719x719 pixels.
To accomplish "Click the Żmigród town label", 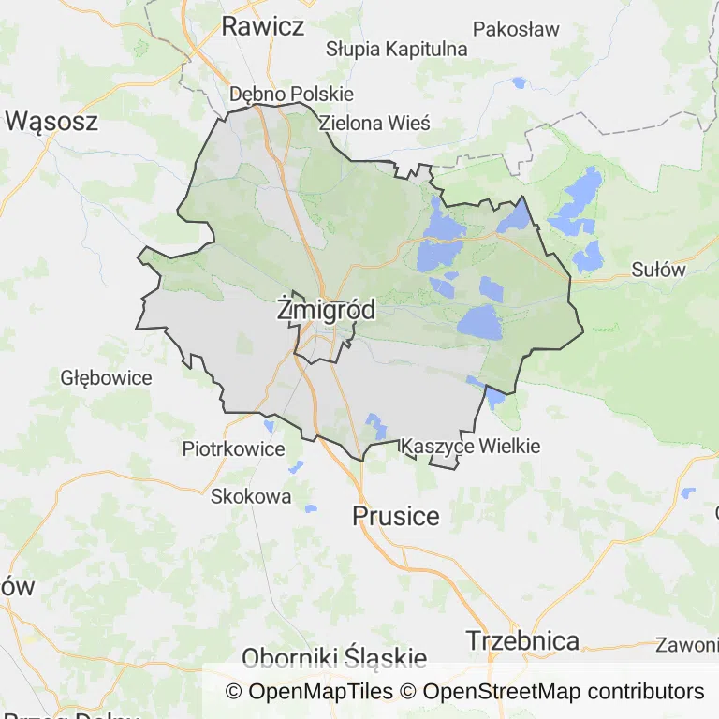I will pyautogui.click(x=327, y=311).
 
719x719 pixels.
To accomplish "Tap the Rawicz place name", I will pyautogui.click(x=262, y=26).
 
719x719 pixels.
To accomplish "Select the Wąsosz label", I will pyautogui.click(x=51, y=121).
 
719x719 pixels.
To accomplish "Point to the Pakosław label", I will pyautogui.click(x=516, y=29).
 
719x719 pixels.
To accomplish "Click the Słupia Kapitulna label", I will pyautogui.click(x=396, y=49).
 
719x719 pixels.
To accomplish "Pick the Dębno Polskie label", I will pyautogui.click(x=291, y=95).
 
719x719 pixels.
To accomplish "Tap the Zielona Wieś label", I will pyautogui.click(x=374, y=123).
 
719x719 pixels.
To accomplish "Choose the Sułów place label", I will pyautogui.click(x=658, y=271).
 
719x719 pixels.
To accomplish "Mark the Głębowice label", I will pyautogui.click(x=106, y=378).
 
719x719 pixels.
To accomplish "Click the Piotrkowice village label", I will pyautogui.click(x=233, y=448).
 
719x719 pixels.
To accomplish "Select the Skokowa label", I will pyautogui.click(x=251, y=496).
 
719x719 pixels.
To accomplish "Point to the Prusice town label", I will pyautogui.click(x=396, y=516).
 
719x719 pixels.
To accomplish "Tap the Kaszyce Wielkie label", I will pyautogui.click(x=470, y=447).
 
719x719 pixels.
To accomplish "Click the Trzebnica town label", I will pyautogui.click(x=522, y=641).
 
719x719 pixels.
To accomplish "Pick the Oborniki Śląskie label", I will pyautogui.click(x=334, y=657).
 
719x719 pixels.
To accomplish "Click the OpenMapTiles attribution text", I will pyautogui.click(x=310, y=692).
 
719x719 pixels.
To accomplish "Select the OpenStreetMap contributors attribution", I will pyautogui.click(x=563, y=692).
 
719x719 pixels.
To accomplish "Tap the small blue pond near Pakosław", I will pyautogui.click(x=519, y=82).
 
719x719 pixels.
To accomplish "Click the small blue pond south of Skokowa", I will pyautogui.click(x=311, y=508).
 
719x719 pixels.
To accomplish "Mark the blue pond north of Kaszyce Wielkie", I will pyautogui.click(x=376, y=425).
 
